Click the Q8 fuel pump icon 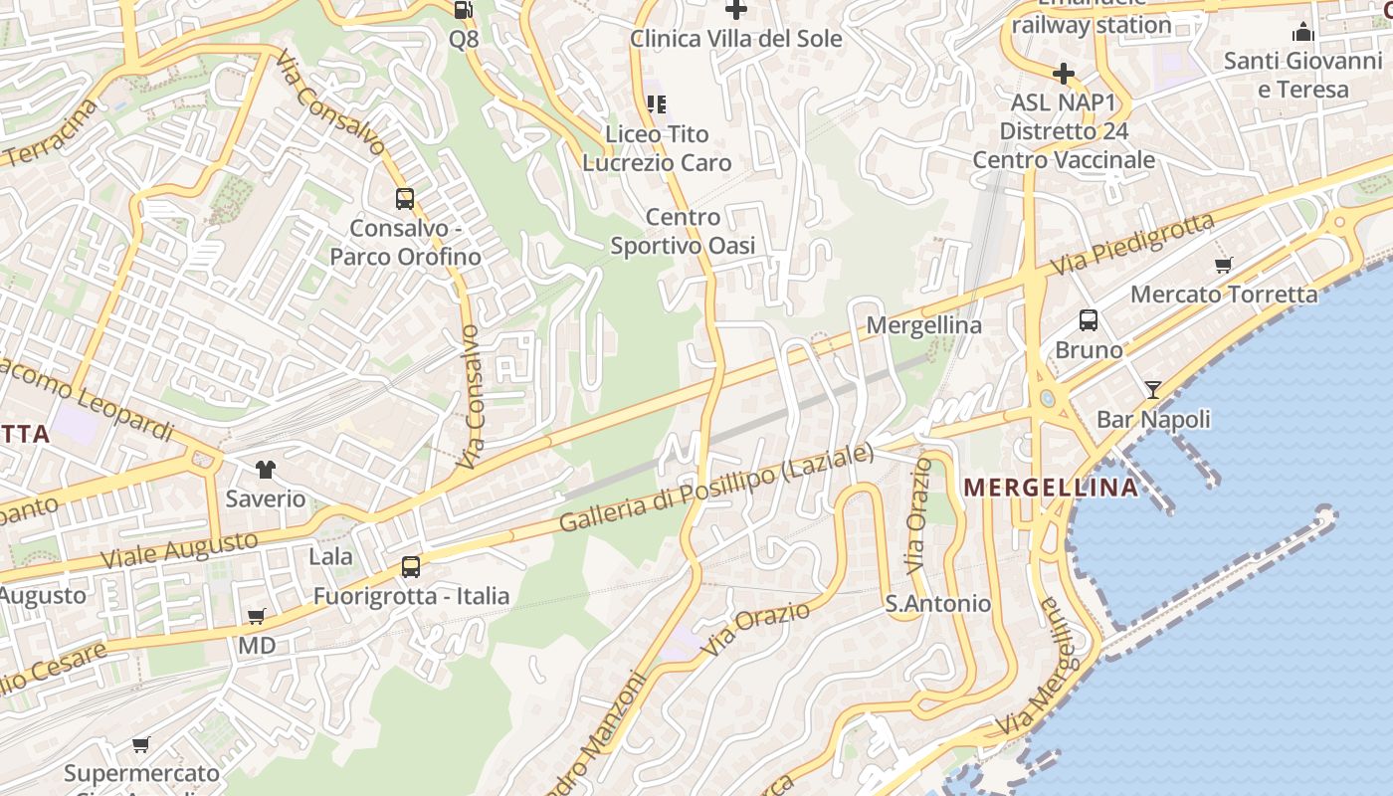[x=463, y=10]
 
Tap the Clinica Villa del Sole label [x=736, y=39]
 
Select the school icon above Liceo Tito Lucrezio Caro [x=656, y=103]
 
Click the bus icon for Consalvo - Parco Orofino [x=405, y=199]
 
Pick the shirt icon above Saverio [x=265, y=469]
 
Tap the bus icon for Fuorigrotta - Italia [x=411, y=567]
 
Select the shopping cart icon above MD [x=257, y=617]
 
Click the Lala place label [x=330, y=556]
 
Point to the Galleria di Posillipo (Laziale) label [x=716, y=488]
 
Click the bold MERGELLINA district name [x=1052, y=488]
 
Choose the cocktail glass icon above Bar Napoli [x=1153, y=389]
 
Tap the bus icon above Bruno [x=1089, y=320]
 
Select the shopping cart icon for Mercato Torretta [x=1224, y=265]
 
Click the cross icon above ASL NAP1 [x=1063, y=73]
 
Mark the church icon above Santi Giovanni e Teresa [x=1302, y=33]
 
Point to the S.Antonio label [x=938, y=604]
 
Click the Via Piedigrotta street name [x=1132, y=246]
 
